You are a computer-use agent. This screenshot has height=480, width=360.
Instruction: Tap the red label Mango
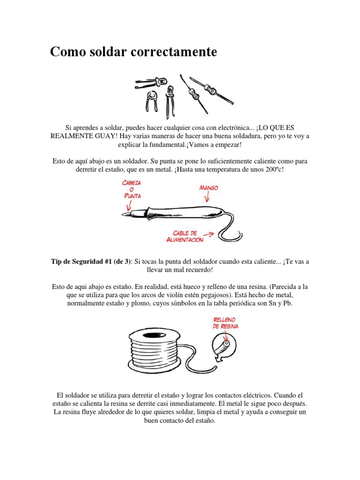tap(208, 188)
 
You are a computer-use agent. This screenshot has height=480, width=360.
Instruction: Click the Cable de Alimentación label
tap(185, 236)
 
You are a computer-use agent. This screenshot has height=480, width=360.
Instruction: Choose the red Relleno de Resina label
tap(225, 323)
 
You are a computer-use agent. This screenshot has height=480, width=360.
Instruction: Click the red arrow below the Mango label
tap(207, 198)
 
